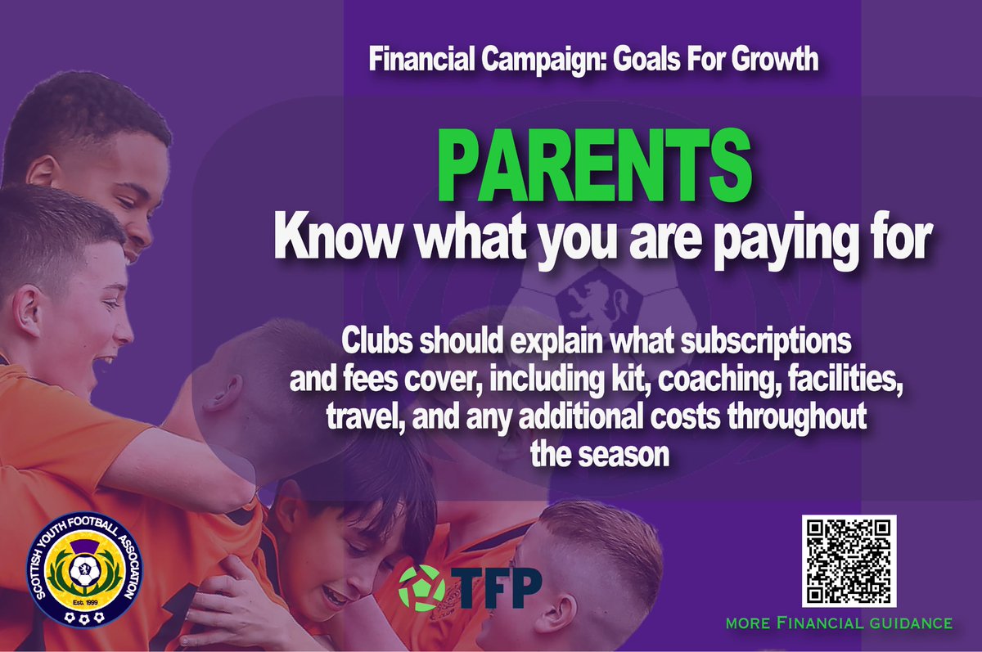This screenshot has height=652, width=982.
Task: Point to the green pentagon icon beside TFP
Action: (423, 587)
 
